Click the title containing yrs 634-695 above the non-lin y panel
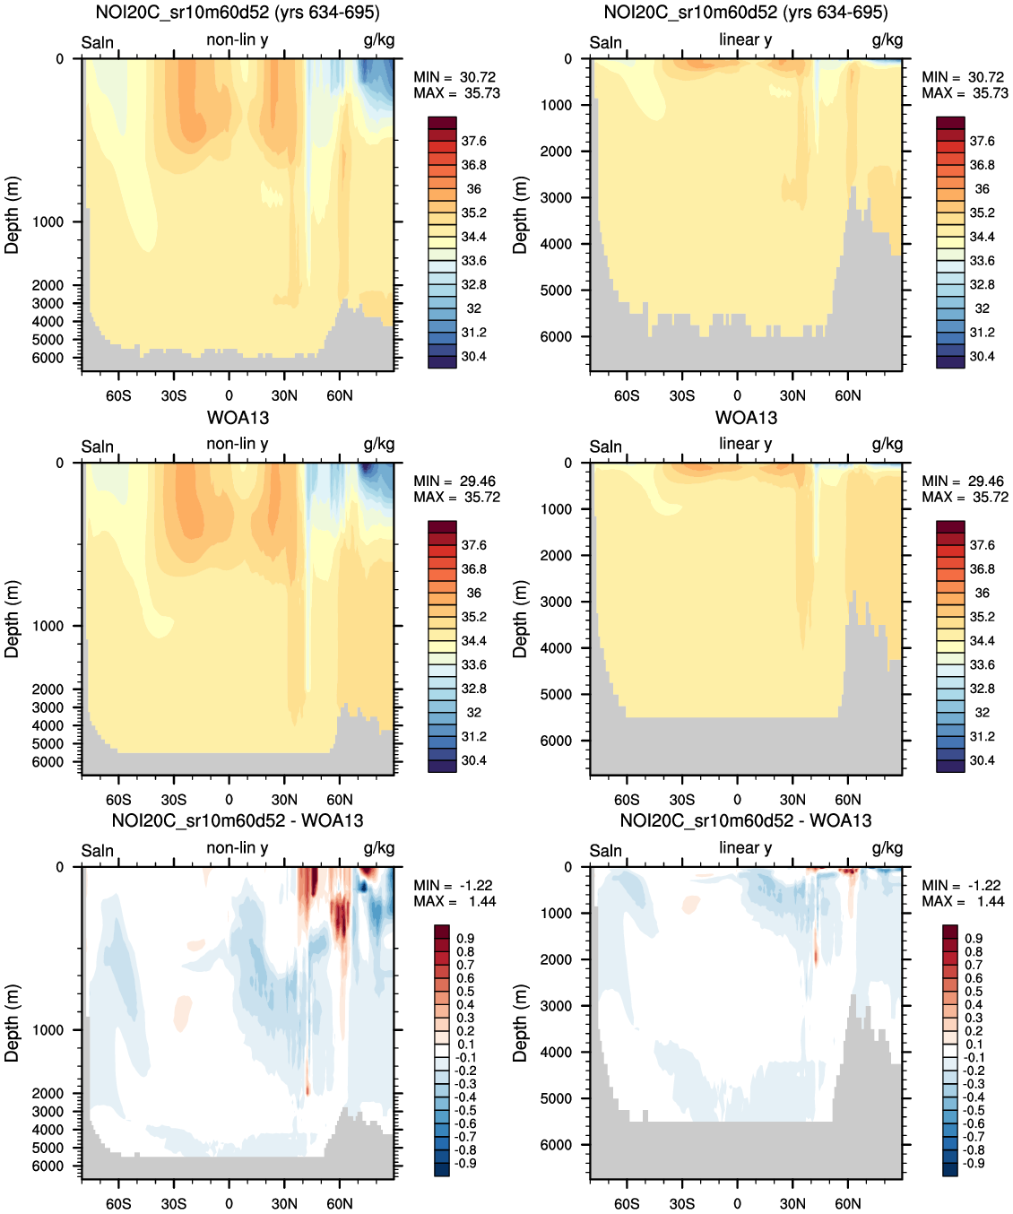point(238,13)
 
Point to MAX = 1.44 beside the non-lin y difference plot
point(455,901)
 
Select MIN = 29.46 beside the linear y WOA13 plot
point(963,481)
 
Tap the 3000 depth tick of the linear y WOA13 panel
point(556,602)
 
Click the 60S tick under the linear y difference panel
point(627,1203)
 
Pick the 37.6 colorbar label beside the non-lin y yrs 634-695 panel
point(473,142)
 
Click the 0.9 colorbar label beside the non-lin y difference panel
point(465,939)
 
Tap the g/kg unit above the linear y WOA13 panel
point(887,444)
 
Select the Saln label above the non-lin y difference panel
point(98,850)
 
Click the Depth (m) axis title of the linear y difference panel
point(521,1023)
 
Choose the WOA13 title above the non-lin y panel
point(238,418)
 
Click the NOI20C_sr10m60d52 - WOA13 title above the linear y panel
point(746,820)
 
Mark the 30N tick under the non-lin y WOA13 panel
point(284,800)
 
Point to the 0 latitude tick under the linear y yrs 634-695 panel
point(737,395)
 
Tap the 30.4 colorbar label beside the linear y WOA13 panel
point(982,760)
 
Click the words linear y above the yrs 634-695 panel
point(745,39)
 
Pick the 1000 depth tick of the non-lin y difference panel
point(48,1030)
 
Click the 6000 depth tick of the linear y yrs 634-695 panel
point(556,337)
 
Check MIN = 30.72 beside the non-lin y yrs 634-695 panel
point(455,77)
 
